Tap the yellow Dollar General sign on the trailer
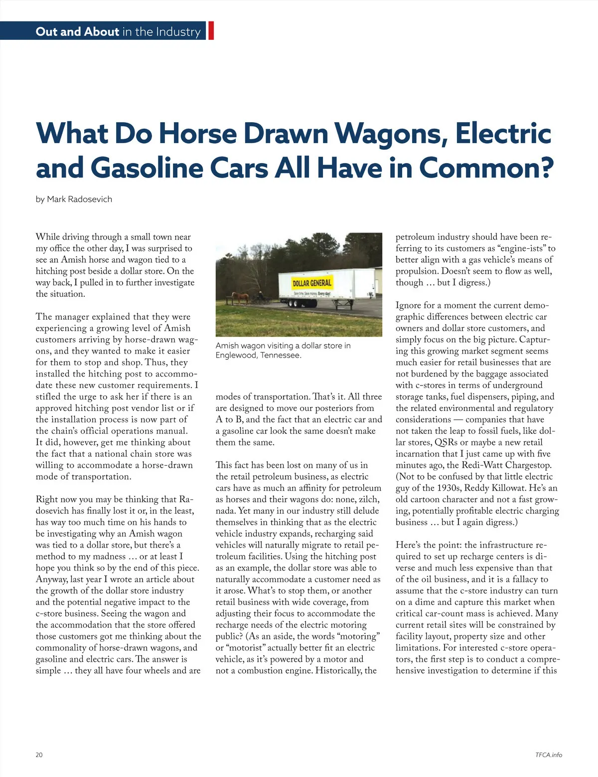point(312,283)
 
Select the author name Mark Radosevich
point(79,199)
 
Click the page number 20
point(39,755)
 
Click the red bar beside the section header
point(211,31)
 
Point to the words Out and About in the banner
point(77,31)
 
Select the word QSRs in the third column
point(446,442)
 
